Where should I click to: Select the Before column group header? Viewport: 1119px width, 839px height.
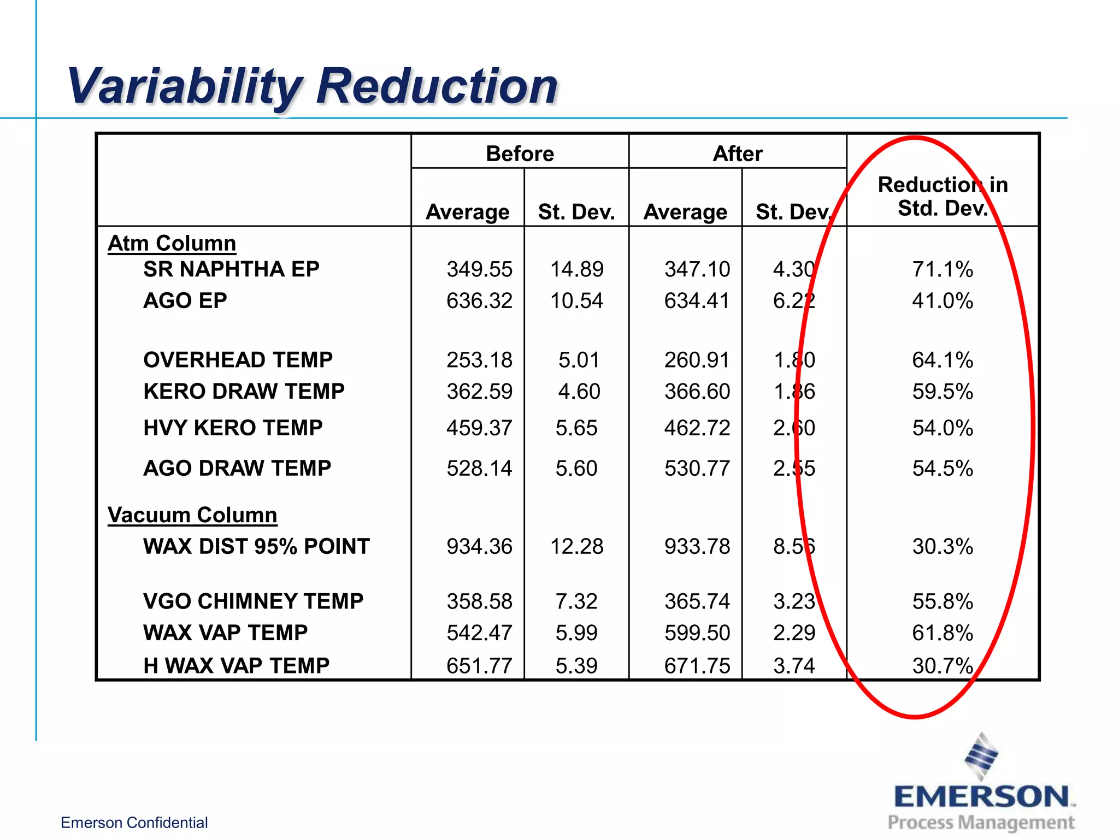click(520, 153)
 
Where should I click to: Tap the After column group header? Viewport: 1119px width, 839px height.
click(737, 153)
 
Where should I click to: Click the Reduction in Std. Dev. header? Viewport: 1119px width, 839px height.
click(943, 196)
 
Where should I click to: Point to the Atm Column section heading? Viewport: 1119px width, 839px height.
click(172, 243)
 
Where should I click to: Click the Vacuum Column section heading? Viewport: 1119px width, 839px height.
click(192, 515)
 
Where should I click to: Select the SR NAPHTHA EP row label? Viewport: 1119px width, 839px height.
click(231, 269)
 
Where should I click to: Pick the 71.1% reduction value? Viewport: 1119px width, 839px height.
click(943, 269)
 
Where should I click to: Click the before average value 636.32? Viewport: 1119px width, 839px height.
click(479, 300)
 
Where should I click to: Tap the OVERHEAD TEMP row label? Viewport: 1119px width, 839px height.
click(238, 360)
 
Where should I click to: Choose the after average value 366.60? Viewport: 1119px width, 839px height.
click(697, 391)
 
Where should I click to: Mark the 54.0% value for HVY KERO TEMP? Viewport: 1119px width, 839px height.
click(943, 428)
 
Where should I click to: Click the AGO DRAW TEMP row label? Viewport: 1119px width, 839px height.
click(237, 468)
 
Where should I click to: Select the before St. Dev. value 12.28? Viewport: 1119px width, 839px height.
click(576, 546)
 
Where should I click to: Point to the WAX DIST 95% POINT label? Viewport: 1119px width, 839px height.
click(256, 546)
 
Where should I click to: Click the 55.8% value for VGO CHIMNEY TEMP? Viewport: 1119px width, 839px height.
click(943, 601)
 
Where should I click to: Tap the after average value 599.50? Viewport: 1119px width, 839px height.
click(697, 633)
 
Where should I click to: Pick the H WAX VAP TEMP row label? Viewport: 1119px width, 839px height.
click(236, 665)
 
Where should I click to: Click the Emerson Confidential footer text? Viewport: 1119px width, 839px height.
click(134, 823)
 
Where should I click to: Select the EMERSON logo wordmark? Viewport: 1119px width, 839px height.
click(981, 796)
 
